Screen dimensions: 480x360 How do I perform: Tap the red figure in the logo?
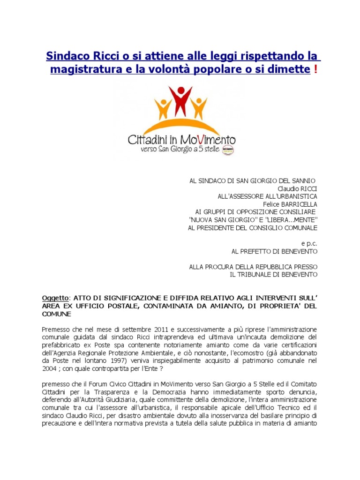tap(180, 99)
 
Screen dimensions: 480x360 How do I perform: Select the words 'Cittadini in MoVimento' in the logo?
tap(182, 139)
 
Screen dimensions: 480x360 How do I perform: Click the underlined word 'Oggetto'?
tap(55, 298)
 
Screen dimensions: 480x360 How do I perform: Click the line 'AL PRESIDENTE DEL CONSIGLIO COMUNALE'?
tap(253, 228)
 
